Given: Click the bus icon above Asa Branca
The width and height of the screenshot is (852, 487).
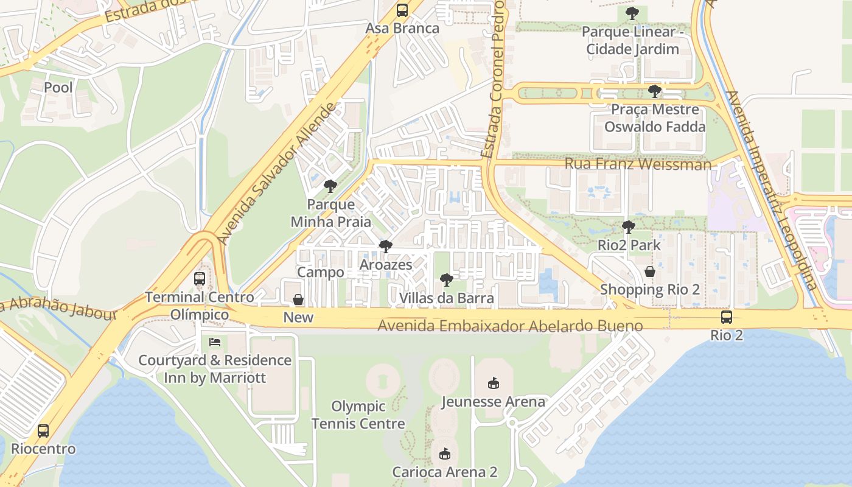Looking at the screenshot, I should click(402, 10).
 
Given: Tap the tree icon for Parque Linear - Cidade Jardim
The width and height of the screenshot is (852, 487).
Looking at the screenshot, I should click(632, 13).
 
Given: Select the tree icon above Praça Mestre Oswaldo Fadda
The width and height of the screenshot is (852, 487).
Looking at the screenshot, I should click(655, 91).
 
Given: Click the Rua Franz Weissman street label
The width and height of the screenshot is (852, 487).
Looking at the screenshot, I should click(638, 164).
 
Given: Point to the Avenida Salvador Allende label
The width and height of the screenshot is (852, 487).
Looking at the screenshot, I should click(277, 174).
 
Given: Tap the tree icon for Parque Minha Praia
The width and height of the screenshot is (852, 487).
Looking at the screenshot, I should click(330, 186).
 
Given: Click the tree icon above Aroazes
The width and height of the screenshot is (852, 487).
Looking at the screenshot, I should click(385, 247).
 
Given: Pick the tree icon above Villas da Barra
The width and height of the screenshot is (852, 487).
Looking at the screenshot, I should click(447, 280).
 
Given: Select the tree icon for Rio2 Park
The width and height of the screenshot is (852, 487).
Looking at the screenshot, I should click(629, 227).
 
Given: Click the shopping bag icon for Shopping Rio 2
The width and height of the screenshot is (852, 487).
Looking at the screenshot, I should click(650, 272).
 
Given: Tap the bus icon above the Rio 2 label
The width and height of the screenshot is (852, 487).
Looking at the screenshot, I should click(727, 317).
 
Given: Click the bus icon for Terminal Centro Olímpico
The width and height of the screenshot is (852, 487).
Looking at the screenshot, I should click(200, 279).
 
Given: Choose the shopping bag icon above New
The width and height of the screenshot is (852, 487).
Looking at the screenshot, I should click(298, 300).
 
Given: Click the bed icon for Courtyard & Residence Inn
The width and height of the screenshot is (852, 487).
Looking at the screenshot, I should click(215, 342).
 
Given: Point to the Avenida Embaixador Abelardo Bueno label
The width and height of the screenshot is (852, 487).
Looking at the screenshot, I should click(510, 326).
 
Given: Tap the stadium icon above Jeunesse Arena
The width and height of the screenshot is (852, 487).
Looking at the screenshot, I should click(493, 384).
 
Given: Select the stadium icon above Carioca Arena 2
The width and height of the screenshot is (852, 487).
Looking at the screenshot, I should click(445, 454).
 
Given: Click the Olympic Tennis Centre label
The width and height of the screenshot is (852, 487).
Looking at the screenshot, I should click(358, 415).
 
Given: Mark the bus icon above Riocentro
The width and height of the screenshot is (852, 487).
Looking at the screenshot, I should click(43, 431).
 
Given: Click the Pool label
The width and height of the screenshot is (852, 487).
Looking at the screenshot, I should click(58, 88).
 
